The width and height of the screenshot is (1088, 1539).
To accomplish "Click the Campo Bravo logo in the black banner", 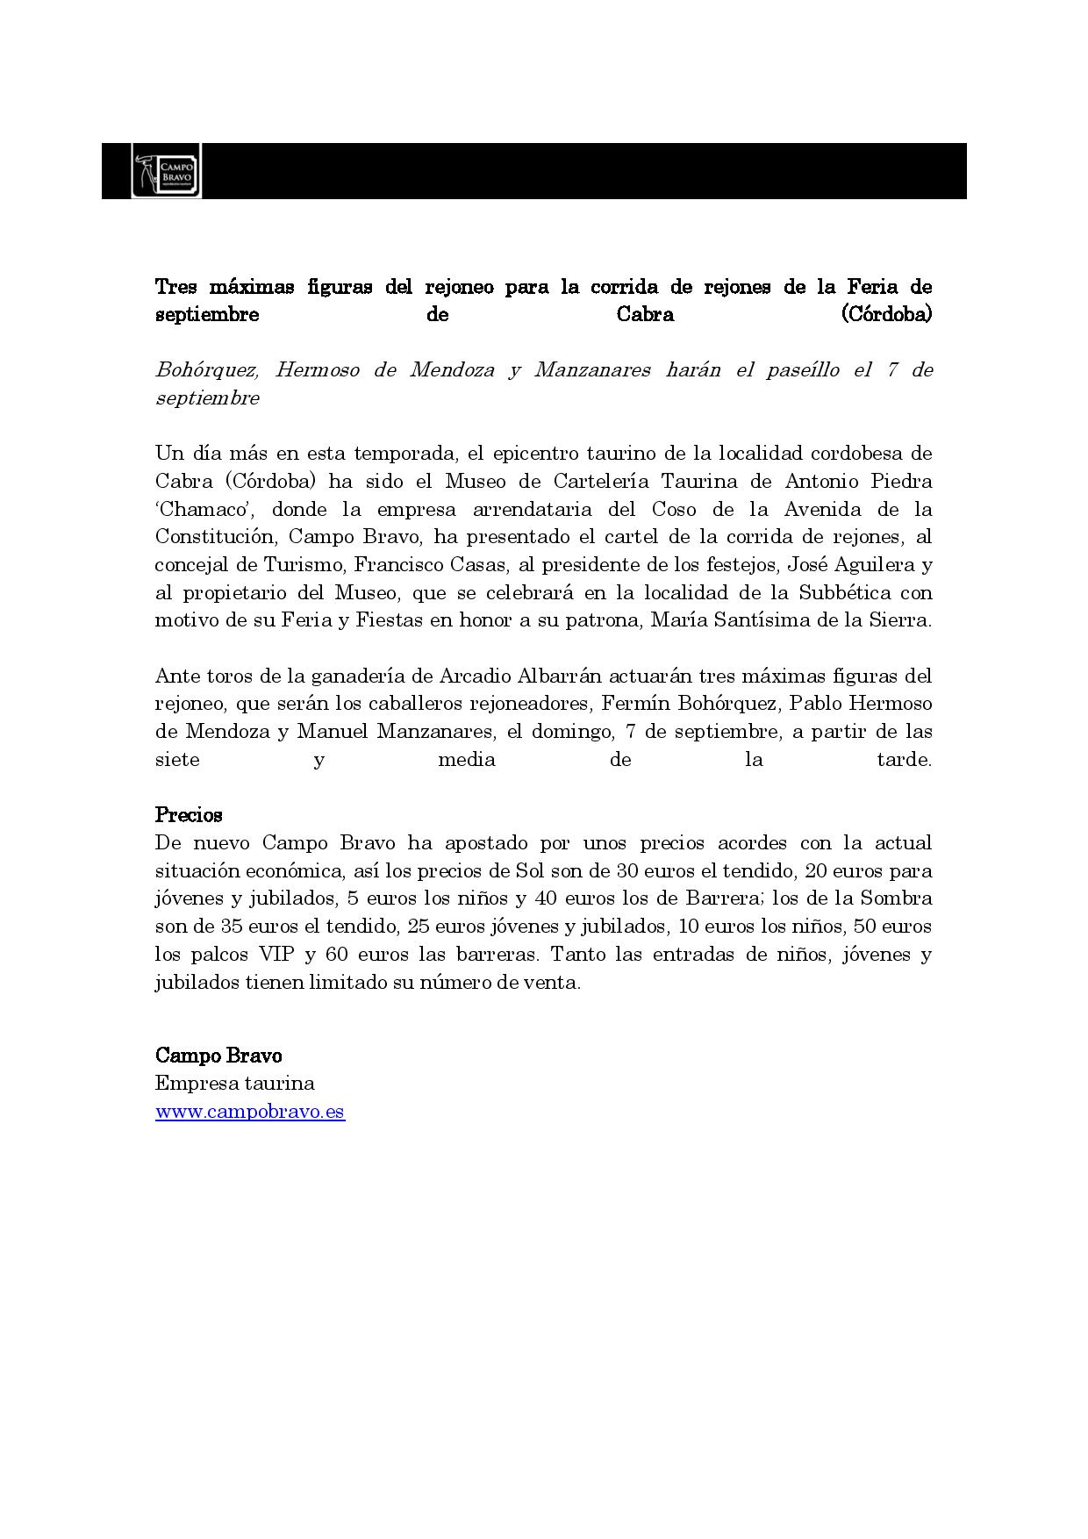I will [x=166, y=170].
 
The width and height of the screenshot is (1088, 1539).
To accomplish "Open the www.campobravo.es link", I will [x=250, y=1112].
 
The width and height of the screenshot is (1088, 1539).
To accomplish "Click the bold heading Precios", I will [x=189, y=815].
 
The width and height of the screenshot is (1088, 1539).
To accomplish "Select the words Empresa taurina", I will [x=234, y=1084].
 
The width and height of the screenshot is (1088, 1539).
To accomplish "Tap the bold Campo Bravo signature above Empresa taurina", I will [x=218, y=1056].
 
